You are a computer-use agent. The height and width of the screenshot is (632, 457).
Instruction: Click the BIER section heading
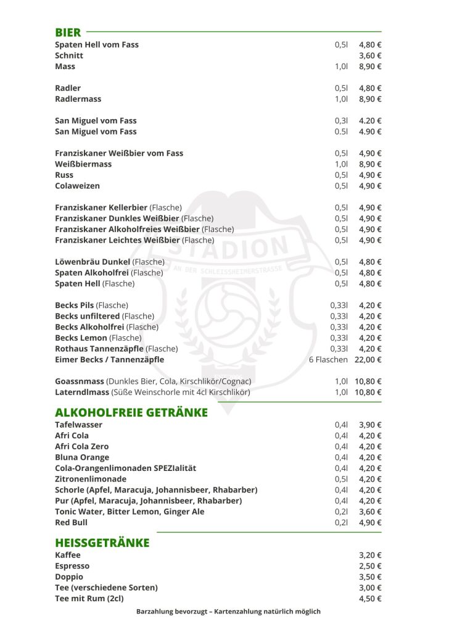tap(68, 32)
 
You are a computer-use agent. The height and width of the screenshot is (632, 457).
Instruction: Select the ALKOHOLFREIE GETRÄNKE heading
tap(131, 412)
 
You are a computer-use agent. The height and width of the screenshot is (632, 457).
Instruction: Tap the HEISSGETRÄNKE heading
tap(102, 543)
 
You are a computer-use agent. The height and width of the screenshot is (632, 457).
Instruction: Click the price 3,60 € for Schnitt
tap(370, 56)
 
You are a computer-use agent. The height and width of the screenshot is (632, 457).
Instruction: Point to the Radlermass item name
tap(78, 99)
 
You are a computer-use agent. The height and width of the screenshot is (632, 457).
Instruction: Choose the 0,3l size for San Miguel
tap(342, 121)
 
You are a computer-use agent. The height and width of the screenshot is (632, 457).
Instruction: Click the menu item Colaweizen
tap(77, 186)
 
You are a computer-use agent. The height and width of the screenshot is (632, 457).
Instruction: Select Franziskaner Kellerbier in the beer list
tap(102, 207)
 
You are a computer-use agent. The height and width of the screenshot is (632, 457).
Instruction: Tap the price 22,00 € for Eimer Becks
tap(368, 359)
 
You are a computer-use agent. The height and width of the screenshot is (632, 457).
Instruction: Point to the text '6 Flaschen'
tap(328, 359)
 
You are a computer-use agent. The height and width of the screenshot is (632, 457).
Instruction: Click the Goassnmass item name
tap(80, 381)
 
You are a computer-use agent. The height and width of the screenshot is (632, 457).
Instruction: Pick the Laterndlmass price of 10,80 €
tap(368, 392)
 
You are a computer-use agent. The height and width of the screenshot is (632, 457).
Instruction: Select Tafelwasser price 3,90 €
tap(370, 425)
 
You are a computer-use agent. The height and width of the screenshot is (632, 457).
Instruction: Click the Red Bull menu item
tap(71, 522)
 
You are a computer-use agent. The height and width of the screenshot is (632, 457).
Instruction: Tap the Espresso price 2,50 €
tap(370, 566)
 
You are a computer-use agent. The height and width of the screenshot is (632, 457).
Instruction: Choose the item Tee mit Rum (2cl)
tap(89, 598)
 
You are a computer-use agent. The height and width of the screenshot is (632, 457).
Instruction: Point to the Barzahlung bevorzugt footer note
tap(228, 612)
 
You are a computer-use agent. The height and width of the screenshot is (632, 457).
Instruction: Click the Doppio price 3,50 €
tap(370, 576)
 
